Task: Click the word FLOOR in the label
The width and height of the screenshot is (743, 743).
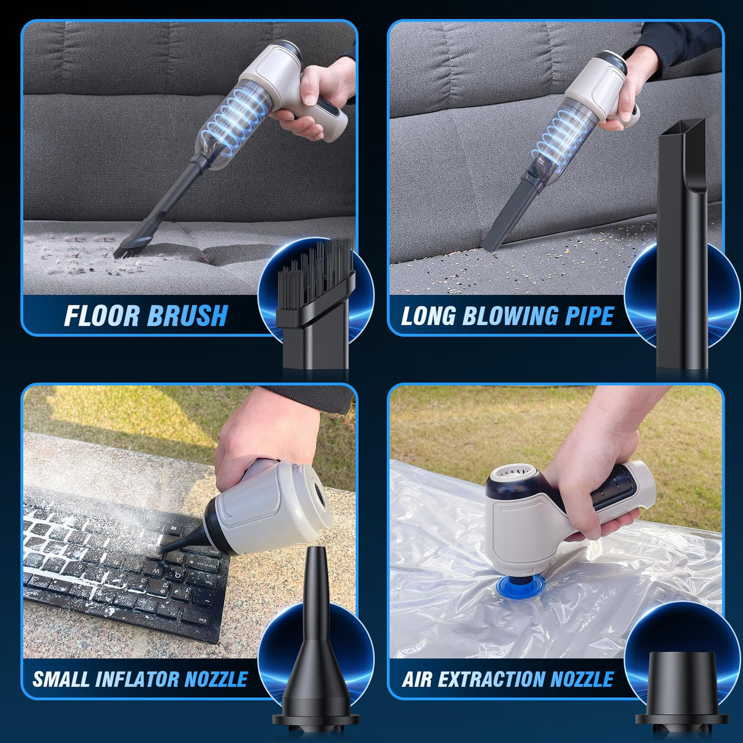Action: tap(102, 316)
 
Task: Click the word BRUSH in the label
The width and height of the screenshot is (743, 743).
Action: tap(188, 316)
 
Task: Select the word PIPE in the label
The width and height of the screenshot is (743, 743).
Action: tap(589, 316)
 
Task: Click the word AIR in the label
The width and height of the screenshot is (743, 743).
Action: tap(416, 679)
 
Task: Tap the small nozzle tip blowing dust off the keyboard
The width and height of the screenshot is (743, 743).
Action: tap(164, 550)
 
